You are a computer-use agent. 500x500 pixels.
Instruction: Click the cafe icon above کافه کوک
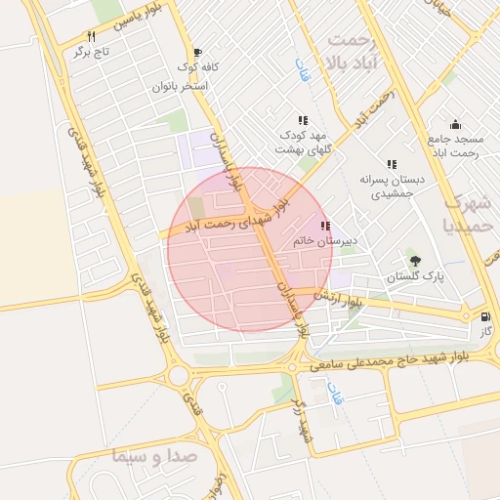tap(198, 53)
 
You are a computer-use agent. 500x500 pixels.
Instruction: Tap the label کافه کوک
tap(197, 67)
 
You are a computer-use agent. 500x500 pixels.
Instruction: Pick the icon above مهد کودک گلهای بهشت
tap(302, 119)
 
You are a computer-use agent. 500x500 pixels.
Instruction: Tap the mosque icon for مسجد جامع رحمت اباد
tap(455, 124)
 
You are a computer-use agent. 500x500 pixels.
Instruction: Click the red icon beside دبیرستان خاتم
tap(324, 226)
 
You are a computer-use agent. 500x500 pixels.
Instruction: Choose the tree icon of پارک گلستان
tap(416, 261)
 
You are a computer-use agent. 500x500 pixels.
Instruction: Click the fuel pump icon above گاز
tap(485, 317)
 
